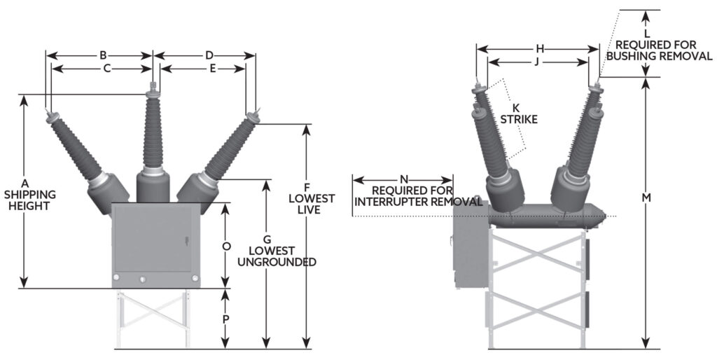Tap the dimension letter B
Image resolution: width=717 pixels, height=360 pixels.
click(103, 55)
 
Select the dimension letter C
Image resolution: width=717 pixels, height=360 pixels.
click(106, 68)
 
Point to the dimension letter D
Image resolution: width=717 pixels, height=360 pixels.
click(209, 55)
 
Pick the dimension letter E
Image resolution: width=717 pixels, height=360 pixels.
click(211, 68)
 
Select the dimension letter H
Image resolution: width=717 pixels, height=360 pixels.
click(540, 49)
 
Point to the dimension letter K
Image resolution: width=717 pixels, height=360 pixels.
click(516, 108)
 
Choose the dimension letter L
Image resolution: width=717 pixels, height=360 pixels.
click(647, 34)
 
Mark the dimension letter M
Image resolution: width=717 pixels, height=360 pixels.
click(647, 198)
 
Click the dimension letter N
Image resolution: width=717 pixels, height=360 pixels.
click(403, 179)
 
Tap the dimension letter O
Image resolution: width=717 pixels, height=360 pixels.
click(225, 246)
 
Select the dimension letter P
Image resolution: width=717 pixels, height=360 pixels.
click(225, 319)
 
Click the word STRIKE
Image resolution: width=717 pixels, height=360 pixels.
click(519, 120)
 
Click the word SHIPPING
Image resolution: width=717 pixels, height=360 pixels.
click(30, 194)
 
